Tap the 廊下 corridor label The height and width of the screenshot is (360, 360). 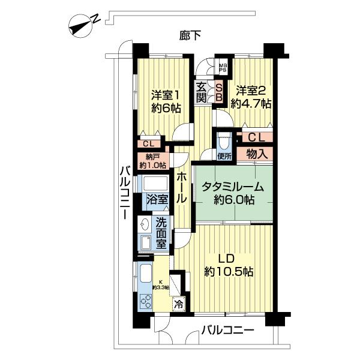[190, 35]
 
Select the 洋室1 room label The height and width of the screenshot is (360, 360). [166, 101]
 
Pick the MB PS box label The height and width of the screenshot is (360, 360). [223, 68]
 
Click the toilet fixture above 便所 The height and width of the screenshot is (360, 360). [224, 142]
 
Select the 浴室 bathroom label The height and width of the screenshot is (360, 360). [156, 199]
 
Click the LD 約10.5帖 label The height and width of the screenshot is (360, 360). [228, 266]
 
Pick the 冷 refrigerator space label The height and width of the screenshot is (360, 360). [178, 304]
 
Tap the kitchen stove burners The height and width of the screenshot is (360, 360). [146, 302]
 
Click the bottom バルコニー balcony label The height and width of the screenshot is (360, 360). [227, 329]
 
